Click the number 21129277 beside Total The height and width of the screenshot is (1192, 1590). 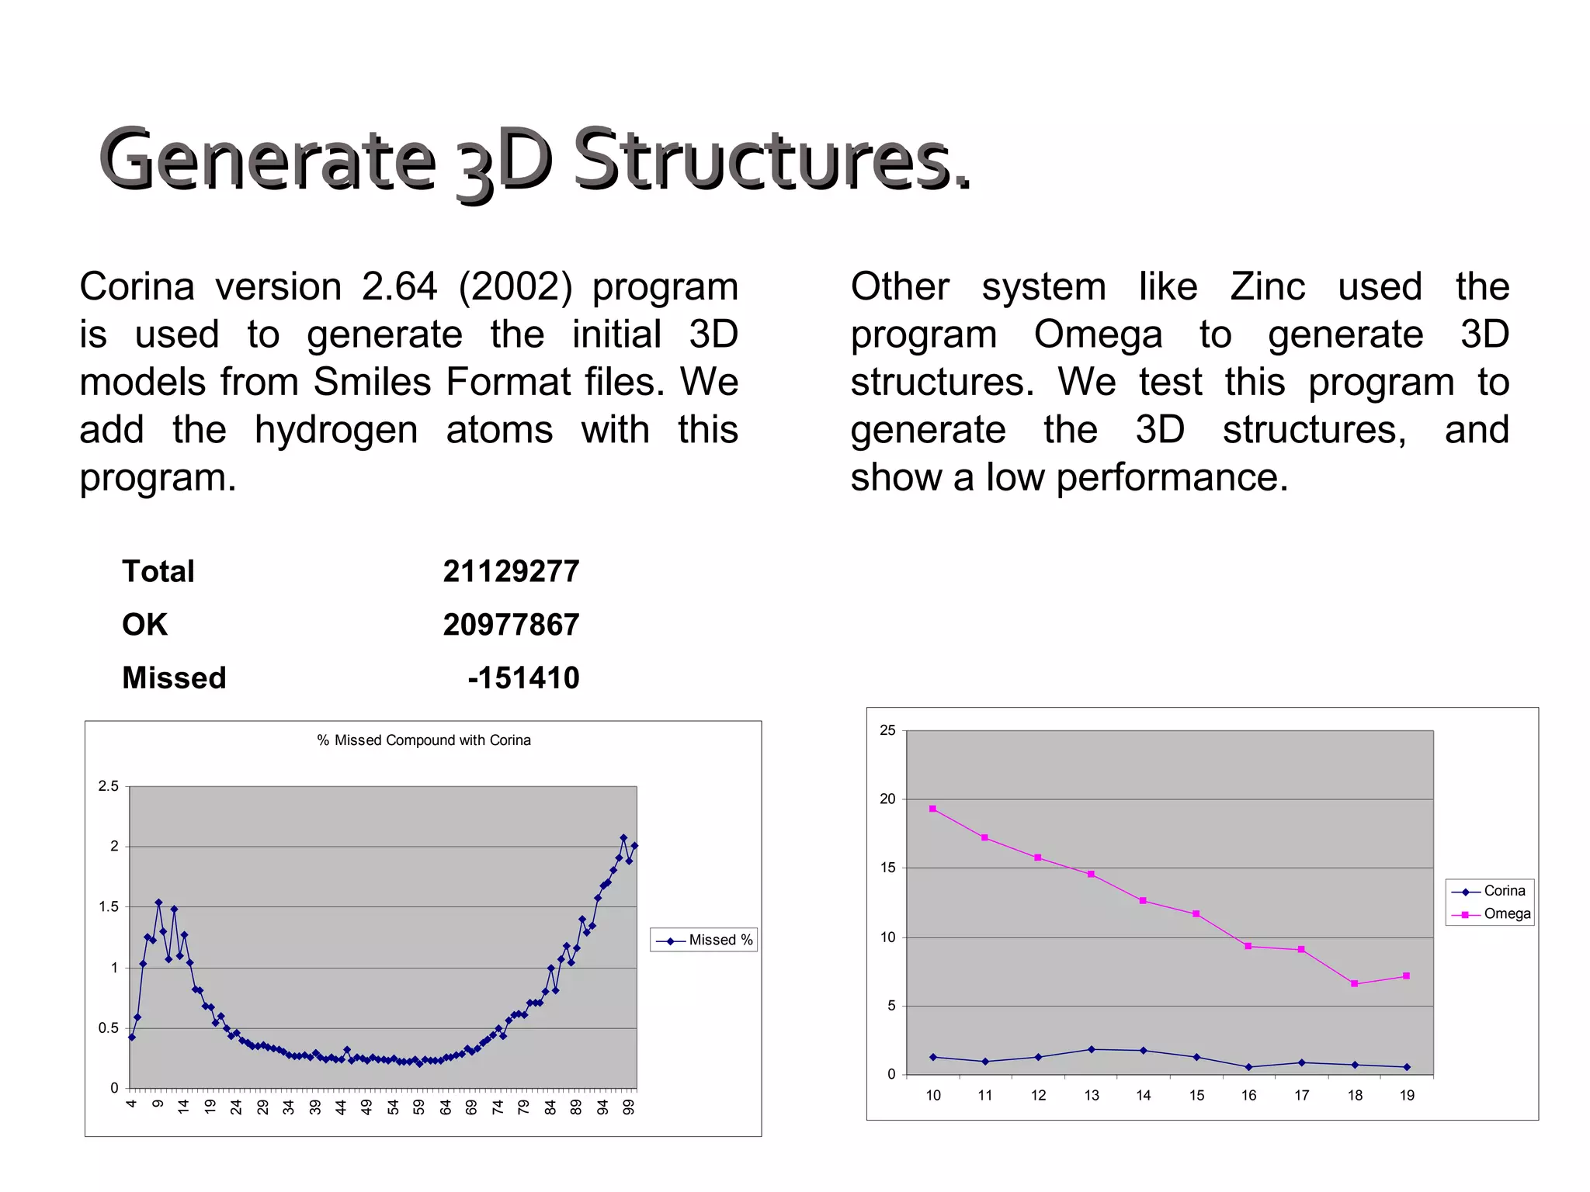click(x=511, y=572)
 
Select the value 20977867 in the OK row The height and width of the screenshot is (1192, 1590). click(x=511, y=625)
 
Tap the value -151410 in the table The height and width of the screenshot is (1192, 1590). click(x=523, y=678)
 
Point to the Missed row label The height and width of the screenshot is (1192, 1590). click(x=174, y=678)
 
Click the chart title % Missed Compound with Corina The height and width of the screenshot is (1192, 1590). click(x=424, y=740)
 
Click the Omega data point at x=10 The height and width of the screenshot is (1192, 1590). click(x=932, y=809)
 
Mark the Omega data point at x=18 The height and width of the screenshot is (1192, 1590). click(x=1354, y=984)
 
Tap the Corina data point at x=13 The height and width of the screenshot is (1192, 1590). click(x=1091, y=1049)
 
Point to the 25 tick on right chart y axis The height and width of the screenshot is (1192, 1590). click(x=887, y=730)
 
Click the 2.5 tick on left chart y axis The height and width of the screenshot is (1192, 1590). click(x=109, y=786)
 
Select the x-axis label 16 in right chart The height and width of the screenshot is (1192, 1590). click(x=1248, y=1096)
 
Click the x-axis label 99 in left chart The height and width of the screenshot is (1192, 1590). click(x=629, y=1107)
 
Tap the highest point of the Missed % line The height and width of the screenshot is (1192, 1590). click(x=623, y=838)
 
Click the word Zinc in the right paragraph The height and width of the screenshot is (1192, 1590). click(x=1267, y=286)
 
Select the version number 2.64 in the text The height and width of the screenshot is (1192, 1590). click(x=399, y=286)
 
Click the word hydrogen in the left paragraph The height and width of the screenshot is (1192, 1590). click(x=335, y=430)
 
